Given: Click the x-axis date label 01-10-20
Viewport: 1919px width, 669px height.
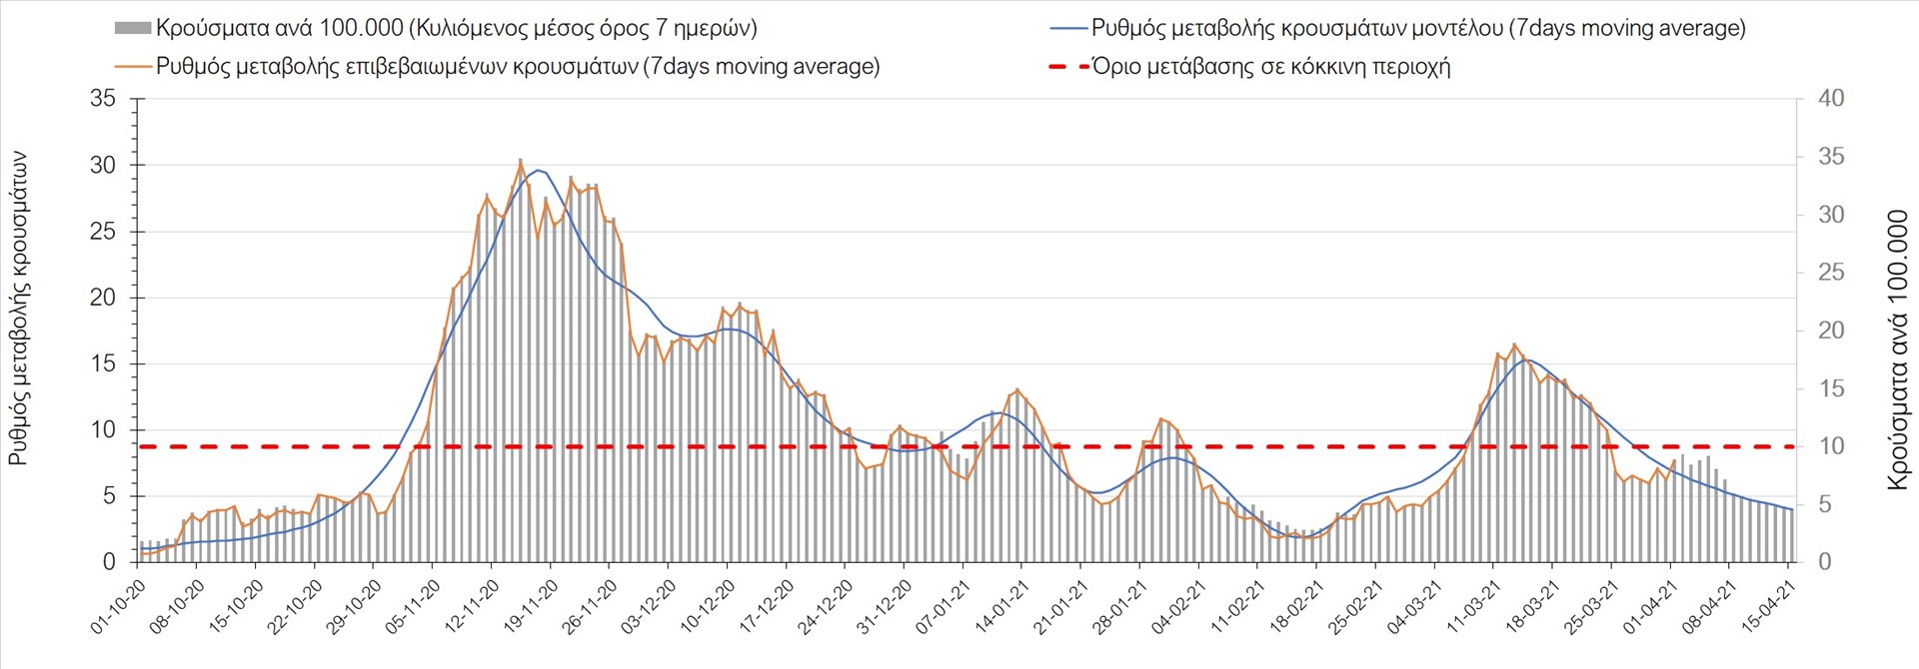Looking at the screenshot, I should (x=118, y=607).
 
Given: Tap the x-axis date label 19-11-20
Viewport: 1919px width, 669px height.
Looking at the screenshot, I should (x=531, y=607).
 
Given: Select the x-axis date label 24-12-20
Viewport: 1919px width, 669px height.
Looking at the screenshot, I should (x=826, y=607).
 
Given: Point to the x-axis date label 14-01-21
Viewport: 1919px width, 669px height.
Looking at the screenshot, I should (x=1001, y=607).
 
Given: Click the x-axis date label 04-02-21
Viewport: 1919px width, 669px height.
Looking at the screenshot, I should (x=1178, y=607).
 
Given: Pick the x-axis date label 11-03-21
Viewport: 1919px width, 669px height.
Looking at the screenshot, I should (x=1473, y=607).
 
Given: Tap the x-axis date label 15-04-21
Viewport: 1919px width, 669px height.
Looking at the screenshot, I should (x=1768, y=607).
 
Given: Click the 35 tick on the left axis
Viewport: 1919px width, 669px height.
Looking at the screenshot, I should (x=103, y=99).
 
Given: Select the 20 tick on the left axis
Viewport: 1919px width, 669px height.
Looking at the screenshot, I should (x=103, y=298).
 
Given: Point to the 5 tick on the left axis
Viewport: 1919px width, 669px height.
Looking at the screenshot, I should (x=109, y=496).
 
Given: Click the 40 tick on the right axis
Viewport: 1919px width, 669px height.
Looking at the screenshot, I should (x=1831, y=99).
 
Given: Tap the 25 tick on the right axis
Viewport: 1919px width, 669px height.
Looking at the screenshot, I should (x=1831, y=273).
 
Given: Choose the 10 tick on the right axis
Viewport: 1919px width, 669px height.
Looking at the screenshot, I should (x=1831, y=446).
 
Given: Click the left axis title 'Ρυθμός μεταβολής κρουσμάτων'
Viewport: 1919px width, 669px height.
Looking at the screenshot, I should (x=19, y=310).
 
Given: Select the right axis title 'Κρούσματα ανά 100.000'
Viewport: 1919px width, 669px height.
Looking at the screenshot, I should (x=1897, y=349).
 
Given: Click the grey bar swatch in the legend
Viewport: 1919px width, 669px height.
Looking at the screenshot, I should (x=133, y=28).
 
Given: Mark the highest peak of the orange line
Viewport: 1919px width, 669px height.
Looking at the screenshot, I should (x=521, y=160).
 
